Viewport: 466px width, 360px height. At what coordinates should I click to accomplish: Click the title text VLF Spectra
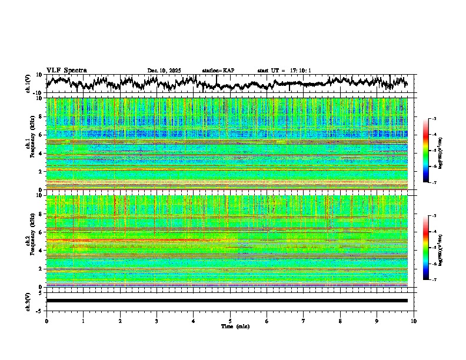(x=66, y=71)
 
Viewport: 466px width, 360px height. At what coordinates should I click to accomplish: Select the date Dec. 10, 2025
(x=164, y=71)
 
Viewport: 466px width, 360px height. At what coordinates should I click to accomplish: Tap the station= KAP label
(x=218, y=71)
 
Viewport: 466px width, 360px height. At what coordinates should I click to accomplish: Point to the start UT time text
(x=284, y=71)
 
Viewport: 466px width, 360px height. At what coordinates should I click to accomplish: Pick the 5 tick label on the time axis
(x=230, y=321)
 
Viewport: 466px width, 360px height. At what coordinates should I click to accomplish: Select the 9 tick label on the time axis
(x=377, y=321)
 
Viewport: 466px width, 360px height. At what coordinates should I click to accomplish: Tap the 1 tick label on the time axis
(x=83, y=321)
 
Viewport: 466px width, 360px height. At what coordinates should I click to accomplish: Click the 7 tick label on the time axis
(x=304, y=321)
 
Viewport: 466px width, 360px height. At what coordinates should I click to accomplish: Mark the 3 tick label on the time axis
(x=157, y=321)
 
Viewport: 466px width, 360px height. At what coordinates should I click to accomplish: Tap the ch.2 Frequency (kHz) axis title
(x=30, y=241)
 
